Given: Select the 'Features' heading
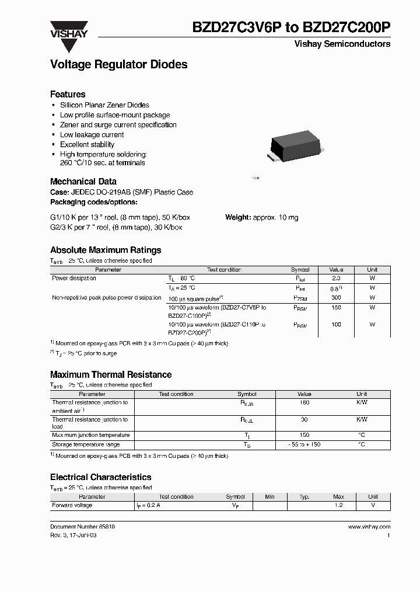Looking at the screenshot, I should point(68,94).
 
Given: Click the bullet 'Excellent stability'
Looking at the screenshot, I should point(87,144).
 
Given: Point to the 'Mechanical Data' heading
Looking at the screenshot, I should point(83,182).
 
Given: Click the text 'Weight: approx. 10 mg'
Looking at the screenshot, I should point(261,217).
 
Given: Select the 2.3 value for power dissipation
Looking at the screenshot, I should point(336,279).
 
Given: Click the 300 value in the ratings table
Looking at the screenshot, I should point(336,297).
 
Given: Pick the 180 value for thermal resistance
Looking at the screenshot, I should point(304,403).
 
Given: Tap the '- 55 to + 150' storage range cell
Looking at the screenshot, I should point(304,445).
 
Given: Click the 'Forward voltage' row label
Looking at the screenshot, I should point(72,505).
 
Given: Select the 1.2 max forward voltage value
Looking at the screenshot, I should point(338,505).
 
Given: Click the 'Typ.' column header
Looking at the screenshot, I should point(304,497).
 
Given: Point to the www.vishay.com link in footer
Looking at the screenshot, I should point(369,527).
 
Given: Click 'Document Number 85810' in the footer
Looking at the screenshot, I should point(82,527).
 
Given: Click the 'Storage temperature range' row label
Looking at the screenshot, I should point(86,445).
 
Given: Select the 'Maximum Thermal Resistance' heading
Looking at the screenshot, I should point(111,374).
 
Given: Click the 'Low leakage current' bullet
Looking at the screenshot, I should point(92,134).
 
